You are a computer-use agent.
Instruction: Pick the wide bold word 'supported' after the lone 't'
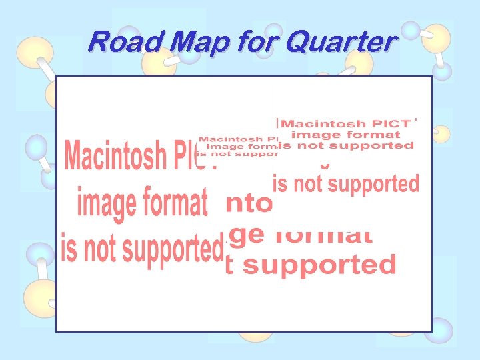click(319, 265)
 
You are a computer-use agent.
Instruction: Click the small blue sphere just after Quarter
click(412, 29)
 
